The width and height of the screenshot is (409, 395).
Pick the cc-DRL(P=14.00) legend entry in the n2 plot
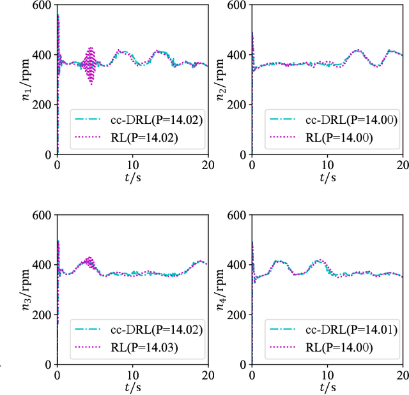[330, 119]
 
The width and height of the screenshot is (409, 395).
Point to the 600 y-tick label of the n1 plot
[43, 5]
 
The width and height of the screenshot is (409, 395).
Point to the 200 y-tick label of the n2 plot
[238, 105]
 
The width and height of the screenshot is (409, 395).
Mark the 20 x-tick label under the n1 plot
[208, 165]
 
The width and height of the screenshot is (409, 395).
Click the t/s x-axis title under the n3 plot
[132, 387]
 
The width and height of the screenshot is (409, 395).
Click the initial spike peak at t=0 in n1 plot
[58, 15]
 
